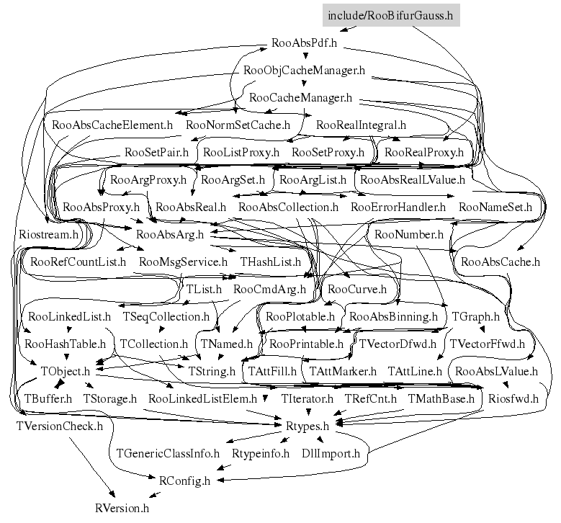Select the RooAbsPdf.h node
tap(305, 43)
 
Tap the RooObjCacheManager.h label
tap(305, 71)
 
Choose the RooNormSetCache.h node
tap(238, 125)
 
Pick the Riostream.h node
tap(49, 234)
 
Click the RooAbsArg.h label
tap(170, 234)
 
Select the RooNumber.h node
tap(409, 234)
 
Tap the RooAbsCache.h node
tap(500, 261)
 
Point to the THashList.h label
tap(271, 261)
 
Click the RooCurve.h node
tap(356, 289)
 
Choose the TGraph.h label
tap(475, 316)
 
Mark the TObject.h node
tap(66, 371)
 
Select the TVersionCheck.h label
tap(60, 426)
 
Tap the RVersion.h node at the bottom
tap(122, 508)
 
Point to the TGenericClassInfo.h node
tap(168, 453)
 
